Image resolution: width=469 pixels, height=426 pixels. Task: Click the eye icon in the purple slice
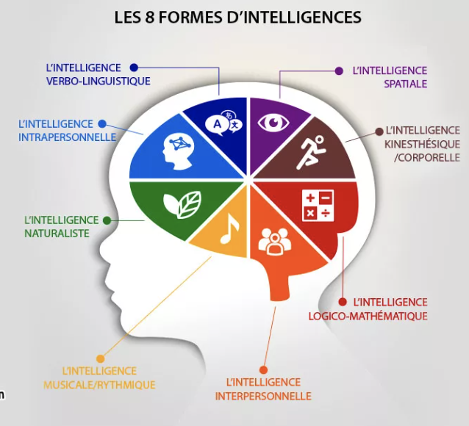point(273,122)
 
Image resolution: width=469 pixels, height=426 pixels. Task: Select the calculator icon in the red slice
point(318,206)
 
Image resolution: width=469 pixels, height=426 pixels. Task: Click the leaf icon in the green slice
point(182,204)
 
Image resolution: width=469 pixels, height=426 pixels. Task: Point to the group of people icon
point(275,241)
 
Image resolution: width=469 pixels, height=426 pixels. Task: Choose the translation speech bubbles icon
point(223,123)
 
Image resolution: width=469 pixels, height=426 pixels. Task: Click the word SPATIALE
point(405,84)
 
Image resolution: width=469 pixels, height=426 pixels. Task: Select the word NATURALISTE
point(57,234)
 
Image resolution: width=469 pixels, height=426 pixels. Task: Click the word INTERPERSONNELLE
point(263,397)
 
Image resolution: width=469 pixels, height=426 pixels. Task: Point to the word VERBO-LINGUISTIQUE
point(98,82)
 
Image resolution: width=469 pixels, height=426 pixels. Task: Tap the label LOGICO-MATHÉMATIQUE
point(368,317)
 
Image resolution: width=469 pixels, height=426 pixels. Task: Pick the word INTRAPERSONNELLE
point(68,137)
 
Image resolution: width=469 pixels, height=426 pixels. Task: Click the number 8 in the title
point(149,17)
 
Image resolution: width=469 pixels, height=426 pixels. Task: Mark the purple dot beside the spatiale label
point(339,71)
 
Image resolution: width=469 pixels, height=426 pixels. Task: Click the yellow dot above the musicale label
point(101,358)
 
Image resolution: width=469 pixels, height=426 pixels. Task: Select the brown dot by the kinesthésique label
point(379,131)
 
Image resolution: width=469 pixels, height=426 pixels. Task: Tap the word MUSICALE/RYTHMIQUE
point(99,385)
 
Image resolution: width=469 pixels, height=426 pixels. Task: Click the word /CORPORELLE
point(427,158)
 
